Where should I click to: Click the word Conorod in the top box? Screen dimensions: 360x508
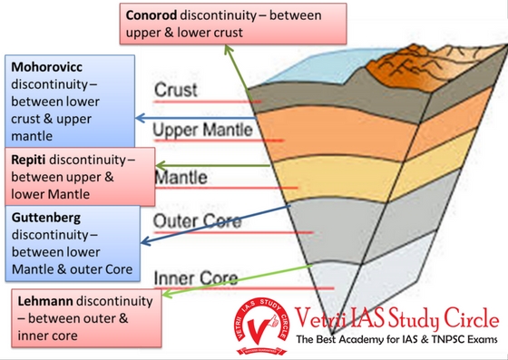[x=151, y=15]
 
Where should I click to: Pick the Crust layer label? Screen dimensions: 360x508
[x=176, y=90]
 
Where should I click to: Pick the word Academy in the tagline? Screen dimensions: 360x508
[x=354, y=339]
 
